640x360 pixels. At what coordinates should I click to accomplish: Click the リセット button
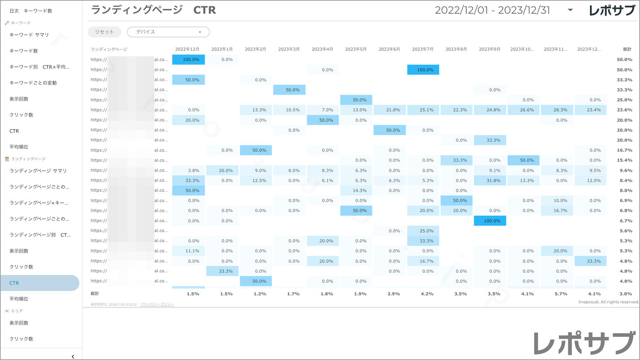[x=105, y=32]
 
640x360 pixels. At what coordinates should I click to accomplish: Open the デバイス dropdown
[x=168, y=32]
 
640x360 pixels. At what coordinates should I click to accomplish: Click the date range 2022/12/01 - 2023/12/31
[x=493, y=10]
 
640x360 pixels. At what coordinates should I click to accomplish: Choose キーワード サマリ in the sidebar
[x=29, y=35]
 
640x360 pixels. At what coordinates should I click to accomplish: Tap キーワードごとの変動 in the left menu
[x=33, y=83]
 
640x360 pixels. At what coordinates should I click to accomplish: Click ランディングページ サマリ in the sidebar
[x=38, y=170]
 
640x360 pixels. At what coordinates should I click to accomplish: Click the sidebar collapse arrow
[x=73, y=356]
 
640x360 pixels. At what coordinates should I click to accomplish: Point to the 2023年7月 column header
[x=423, y=49]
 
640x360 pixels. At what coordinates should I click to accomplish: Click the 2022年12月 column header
[x=187, y=49]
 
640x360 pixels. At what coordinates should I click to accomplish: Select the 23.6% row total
[x=624, y=110]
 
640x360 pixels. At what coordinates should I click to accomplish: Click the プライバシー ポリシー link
[x=157, y=305]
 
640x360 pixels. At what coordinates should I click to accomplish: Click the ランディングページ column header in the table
[x=109, y=49]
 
